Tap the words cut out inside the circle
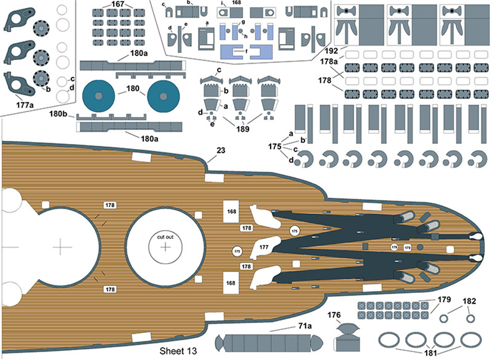[x=165, y=237]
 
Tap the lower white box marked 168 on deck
[x=231, y=283]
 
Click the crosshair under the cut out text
[x=165, y=248]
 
